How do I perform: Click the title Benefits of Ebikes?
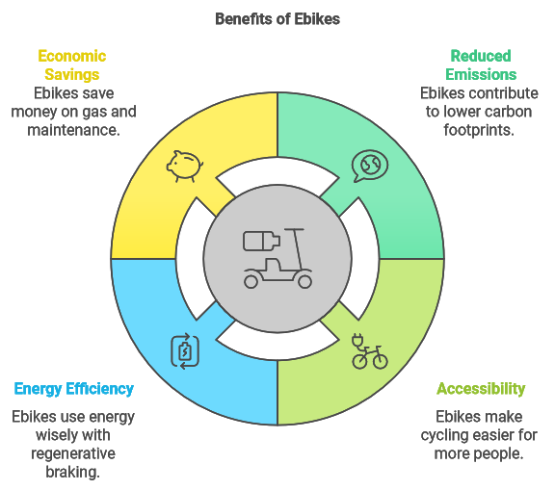(x=277, y=19)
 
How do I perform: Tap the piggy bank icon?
(x=185, y=167)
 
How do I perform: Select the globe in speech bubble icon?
(x=370, y=167)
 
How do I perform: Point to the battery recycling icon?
(x=185, y=351)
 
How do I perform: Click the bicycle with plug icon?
(x=370, y=351)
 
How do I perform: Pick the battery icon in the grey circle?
(x=261, y=241)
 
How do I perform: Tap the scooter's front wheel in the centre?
(x=304, y=282)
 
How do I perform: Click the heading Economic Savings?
(x=72, y=65)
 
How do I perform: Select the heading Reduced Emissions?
(x=481, y=65)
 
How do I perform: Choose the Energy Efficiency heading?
(x=73, y=389)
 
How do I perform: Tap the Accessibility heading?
(x=481, y=389)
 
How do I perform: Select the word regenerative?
(x=73, y=454)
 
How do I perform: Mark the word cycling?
(x=442, y=435)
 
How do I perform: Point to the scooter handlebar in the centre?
(x=294, y=230)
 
